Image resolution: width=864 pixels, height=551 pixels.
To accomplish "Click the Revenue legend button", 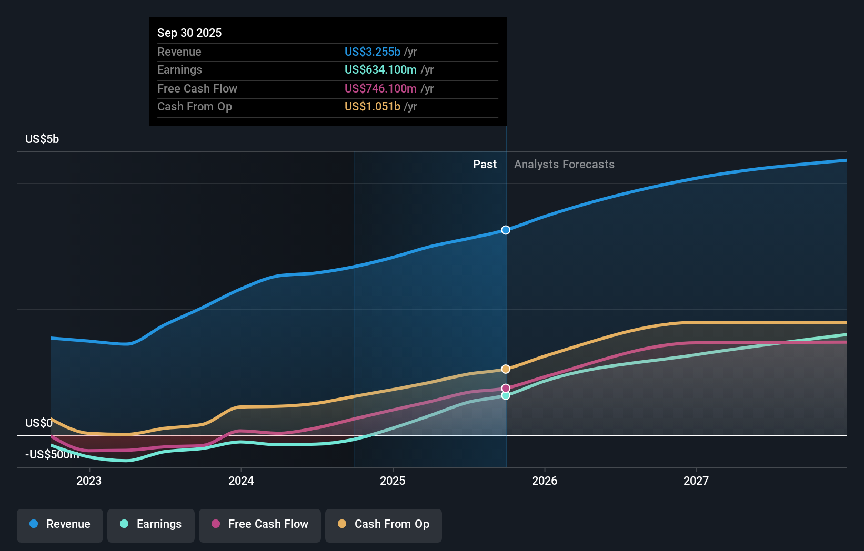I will (60, 525).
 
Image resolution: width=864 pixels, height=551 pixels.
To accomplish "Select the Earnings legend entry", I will (151, 525).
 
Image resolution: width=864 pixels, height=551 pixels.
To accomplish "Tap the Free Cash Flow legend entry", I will (260, 525).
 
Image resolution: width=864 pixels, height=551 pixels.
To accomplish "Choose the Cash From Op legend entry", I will (384, 525).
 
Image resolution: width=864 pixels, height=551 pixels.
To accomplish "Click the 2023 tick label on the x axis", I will (89, 481).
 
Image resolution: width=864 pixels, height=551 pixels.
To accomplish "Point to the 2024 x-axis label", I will (241, 481).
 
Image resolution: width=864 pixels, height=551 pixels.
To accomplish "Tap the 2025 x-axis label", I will (393, 481).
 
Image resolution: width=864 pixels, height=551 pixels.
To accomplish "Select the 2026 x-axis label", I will (545, 481).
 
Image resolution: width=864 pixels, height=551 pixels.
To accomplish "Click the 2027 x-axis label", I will (696, 481).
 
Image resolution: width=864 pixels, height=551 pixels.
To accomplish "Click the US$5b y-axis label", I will (42, 139).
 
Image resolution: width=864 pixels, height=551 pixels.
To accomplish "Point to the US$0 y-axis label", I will (38, 423).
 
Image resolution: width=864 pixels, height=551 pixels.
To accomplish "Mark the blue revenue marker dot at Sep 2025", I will (506, 230).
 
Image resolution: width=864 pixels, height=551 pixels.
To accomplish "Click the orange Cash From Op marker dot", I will (506, 369).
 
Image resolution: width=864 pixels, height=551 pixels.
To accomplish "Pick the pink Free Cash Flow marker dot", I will (506, 388).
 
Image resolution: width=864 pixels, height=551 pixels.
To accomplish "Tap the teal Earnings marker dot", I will (506, 395).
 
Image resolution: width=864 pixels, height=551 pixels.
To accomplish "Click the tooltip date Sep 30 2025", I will (189, 33).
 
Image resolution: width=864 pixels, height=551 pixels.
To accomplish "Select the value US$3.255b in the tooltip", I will (372, 52).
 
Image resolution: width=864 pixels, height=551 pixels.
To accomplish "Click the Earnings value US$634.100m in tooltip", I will (380, 70).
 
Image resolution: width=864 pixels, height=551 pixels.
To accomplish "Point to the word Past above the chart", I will (485, 165).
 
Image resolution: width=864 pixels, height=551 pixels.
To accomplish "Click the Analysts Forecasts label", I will (564, 165).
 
